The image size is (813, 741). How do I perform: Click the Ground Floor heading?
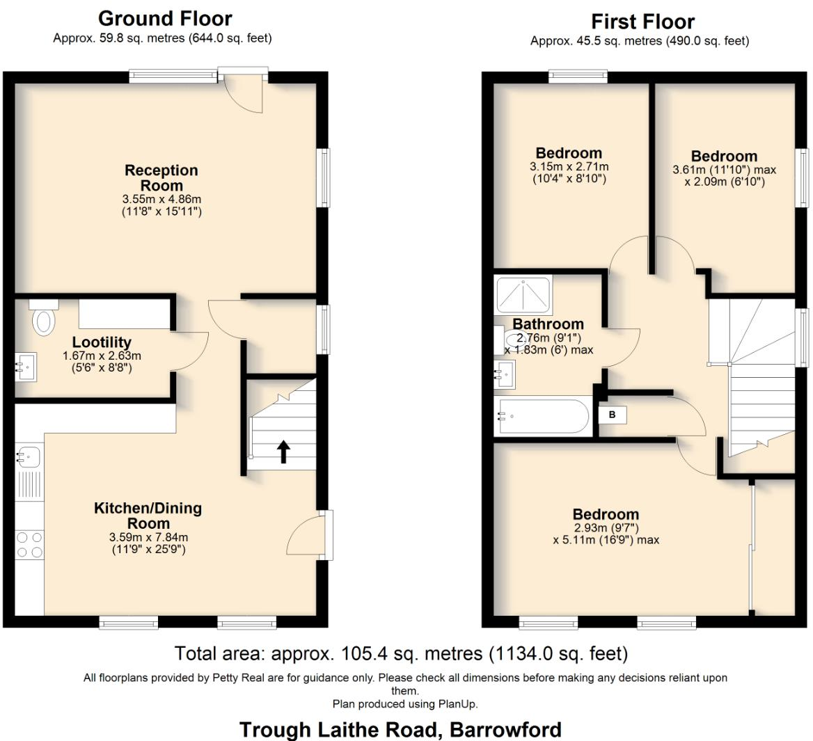[x=165, y=18]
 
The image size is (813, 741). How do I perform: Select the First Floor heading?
[x=642, y=22]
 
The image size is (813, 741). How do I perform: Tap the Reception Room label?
[x=161, y=178]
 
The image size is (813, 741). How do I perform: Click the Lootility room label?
[x=102, y=342]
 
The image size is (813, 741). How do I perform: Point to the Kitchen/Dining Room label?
[x=148, y=516]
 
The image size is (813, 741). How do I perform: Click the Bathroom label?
[x=548, y=324]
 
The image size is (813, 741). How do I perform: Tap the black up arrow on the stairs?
[x=283, y=451]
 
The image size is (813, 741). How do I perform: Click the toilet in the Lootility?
[x=43, y=319]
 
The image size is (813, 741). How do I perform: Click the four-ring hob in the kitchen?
[x=29, y=544]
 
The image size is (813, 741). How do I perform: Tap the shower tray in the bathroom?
[x=523, y=295]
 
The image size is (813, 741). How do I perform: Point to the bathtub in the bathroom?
[x=543, y=417]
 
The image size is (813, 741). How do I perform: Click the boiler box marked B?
[x=613, y=415]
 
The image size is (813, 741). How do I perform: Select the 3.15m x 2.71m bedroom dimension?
[x=569, y=167]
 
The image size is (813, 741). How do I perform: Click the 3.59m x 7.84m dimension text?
[x=148, y=537]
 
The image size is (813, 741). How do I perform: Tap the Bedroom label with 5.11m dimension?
[x=606, y=514]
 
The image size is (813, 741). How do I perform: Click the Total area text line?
[x=401, y=653]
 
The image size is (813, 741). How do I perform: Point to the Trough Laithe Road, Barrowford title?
[x=400, y=729]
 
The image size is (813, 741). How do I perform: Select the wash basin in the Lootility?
[x=26, y=367]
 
